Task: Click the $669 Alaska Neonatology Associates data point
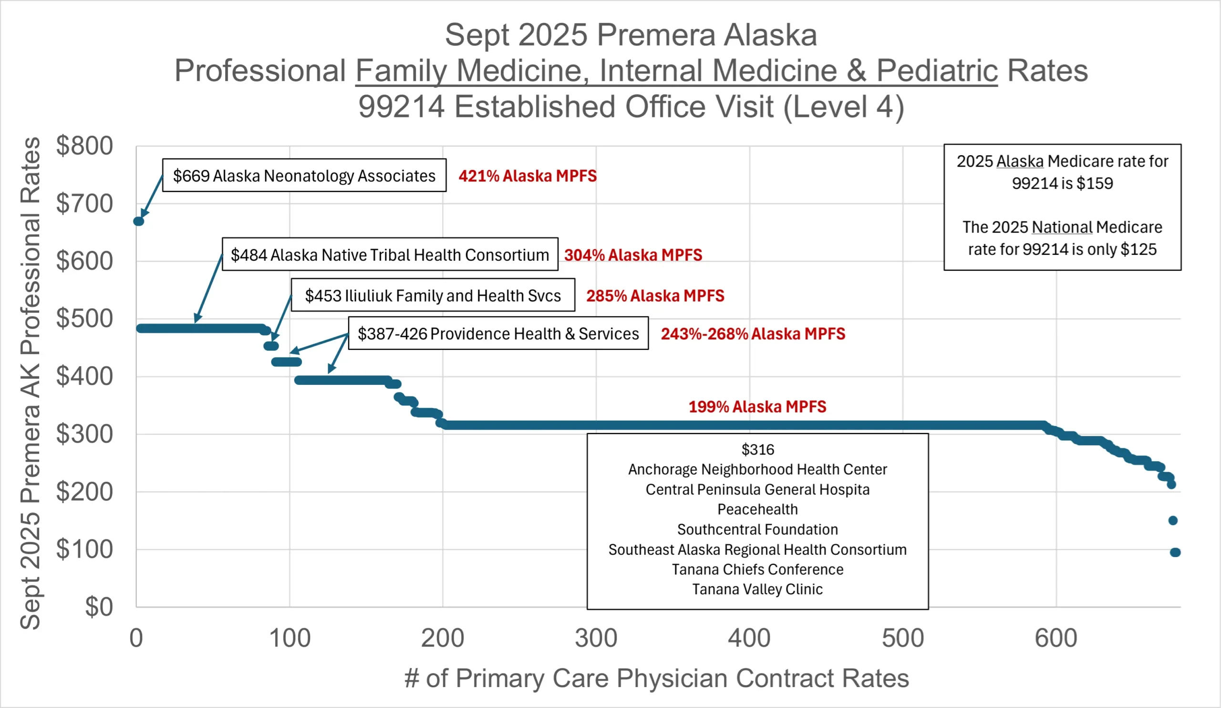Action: (139, 221)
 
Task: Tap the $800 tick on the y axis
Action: (84, 146)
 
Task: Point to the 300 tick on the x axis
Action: (596, 638)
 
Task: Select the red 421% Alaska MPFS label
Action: (527, 176)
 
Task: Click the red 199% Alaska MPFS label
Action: (757, 406)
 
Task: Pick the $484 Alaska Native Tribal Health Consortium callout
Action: (390, 254)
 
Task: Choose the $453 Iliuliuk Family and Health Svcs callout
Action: (433, 296)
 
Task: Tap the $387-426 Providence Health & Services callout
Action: (498, 334)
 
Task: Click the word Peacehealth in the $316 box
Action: (757, 509)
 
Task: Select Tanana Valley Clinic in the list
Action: (757, 589)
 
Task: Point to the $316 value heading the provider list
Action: (758, 450)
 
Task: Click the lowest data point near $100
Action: (1175, 552)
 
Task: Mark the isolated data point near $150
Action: (1172, 520)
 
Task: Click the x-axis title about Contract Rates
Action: (657, 678)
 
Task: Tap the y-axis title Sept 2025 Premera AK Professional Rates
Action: (30, 383)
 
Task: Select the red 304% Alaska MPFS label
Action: (633, 254)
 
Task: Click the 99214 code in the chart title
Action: (401, 106)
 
